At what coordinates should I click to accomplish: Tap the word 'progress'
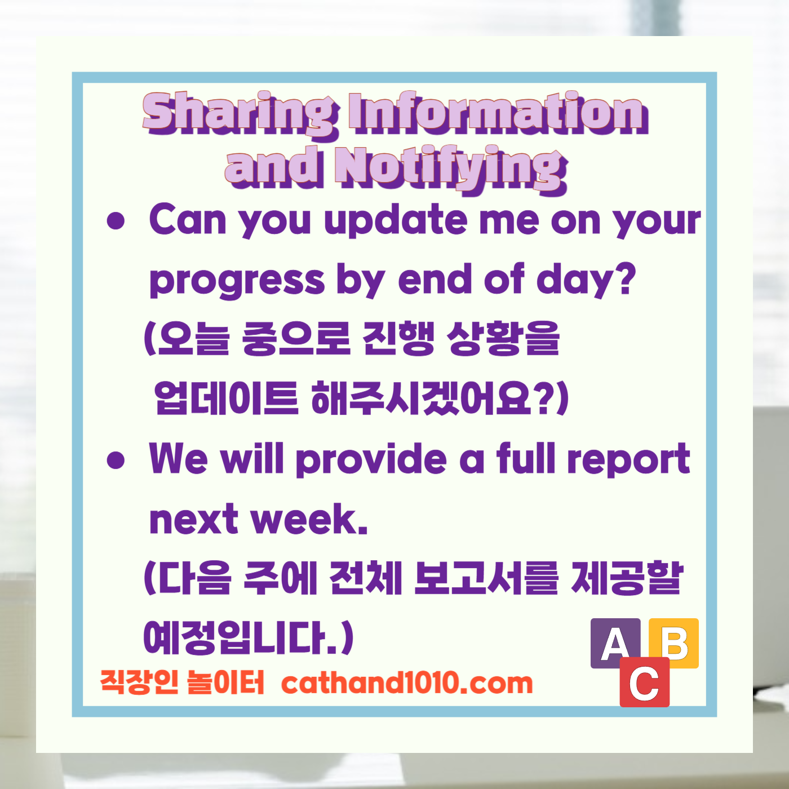pos(237,280)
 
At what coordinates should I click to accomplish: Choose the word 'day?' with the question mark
pos(586,280)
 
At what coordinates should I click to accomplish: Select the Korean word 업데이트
pos(225,398)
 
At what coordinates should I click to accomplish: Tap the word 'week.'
pos(309,519)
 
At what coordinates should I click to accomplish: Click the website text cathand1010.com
pos(406,683)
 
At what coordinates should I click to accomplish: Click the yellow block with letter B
pos(675,642)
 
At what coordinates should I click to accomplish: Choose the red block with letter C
pos(644,683)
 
